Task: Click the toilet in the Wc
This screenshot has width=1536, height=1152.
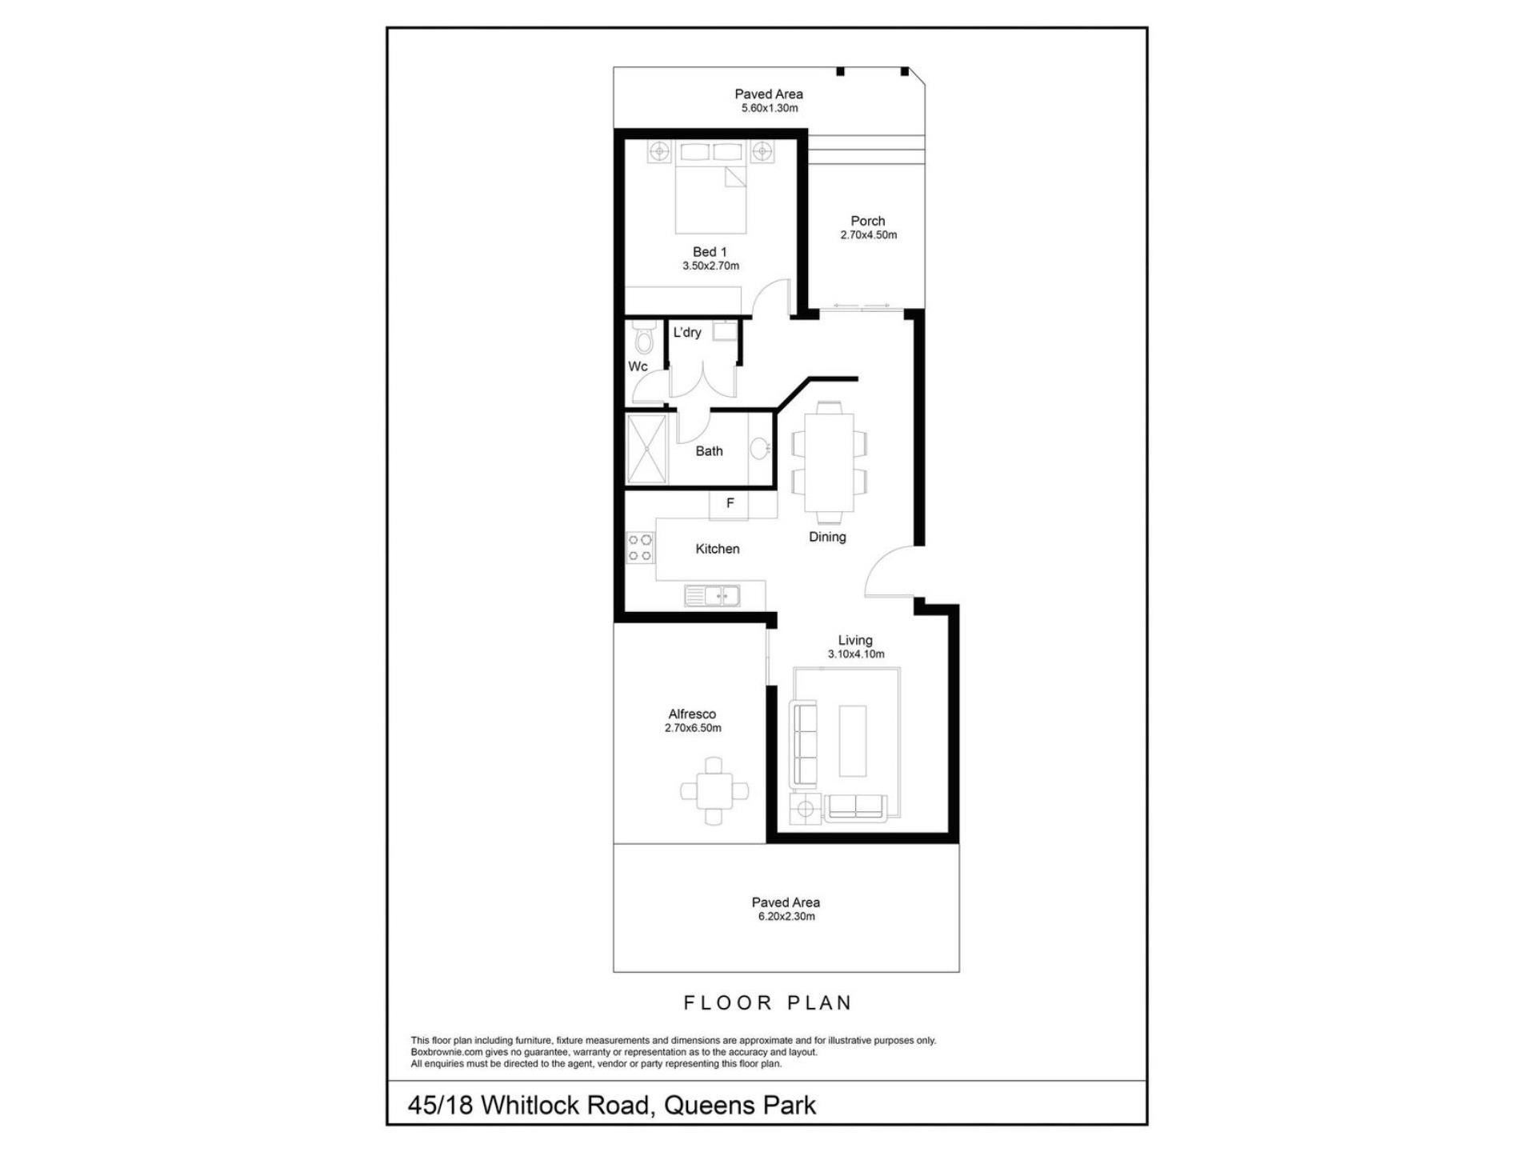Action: click(642, 338)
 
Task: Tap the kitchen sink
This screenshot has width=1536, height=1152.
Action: click(712, 596)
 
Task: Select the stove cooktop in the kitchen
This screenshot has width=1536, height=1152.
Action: click(640, 548)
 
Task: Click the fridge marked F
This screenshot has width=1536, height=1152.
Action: click(729, 505)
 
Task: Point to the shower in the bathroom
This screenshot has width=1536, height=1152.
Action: click(646, 449)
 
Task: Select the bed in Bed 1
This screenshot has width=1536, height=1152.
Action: click(711, 187)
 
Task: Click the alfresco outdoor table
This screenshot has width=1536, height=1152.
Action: click(714, 791)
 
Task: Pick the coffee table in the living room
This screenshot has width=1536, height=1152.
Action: click(852, 740)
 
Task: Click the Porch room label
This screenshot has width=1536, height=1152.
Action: click(868, 221)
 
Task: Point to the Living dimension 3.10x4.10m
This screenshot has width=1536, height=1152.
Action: click(856, 654)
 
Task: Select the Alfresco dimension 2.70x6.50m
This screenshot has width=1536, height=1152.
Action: click(693, 729)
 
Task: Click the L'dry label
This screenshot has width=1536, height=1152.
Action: click(687, 332)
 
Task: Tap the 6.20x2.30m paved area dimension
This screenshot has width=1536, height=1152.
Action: click(786, 917)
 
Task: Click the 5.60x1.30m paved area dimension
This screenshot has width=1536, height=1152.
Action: click(770, 108)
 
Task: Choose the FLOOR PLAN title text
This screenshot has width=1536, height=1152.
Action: click(768, 1002)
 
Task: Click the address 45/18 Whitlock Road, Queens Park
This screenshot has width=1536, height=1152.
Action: click(612, 1106)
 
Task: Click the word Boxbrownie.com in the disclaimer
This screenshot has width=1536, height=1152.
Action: click(447, 1053)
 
